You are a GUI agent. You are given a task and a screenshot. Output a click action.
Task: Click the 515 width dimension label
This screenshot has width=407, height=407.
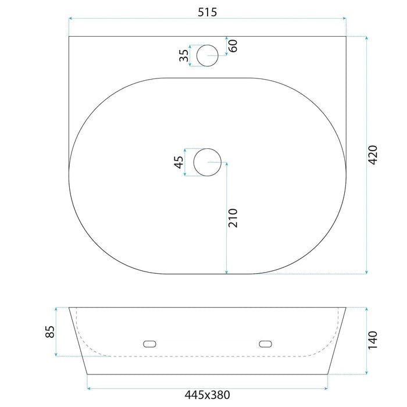[207, 12]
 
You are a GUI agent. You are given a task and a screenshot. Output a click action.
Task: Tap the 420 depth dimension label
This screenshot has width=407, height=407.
[373, 155]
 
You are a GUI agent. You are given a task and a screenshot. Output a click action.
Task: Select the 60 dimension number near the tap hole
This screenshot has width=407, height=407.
[233, 46]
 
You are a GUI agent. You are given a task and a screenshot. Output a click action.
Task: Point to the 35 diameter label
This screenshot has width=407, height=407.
[184, 56]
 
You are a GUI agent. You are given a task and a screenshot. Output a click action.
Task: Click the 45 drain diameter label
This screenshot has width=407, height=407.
[178, 162]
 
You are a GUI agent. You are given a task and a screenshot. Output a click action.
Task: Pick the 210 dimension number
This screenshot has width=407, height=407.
[233, 218]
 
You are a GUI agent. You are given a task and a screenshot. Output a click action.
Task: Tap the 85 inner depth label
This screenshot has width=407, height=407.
[50, 332]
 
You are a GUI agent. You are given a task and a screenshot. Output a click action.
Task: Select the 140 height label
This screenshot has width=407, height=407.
[373, 340]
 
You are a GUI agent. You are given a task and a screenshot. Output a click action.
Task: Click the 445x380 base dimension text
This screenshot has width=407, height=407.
[207, 395]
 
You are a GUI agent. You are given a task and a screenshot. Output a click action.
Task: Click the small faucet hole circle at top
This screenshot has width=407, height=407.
[208, 45]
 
